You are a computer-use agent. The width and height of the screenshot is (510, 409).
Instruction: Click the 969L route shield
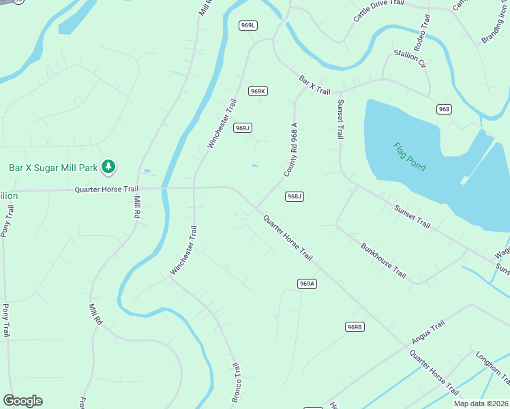click(248, 25)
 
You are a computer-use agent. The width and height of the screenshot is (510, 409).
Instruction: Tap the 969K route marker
click(258, 91)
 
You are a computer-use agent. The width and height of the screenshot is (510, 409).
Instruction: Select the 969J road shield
click(243, 127)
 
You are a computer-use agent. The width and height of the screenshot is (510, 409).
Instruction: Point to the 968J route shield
click(294, 196)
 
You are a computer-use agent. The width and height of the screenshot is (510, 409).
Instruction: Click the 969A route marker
click(307, 284)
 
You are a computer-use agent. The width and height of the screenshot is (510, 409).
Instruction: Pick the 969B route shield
click(355, 327)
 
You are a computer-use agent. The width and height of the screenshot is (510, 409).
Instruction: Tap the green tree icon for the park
click(108, 166)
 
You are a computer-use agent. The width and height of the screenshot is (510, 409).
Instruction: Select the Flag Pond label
click(409, 156)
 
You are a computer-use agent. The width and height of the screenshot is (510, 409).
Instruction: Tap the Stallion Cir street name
click(409, 59)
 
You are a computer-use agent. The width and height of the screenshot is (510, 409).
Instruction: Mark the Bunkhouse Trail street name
click(383, 260)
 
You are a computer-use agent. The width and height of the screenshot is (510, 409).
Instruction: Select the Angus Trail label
click(427, 332)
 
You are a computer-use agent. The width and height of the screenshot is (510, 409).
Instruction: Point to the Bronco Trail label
click(236, 382)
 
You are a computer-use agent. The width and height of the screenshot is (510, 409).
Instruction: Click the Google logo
click(22, 401)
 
